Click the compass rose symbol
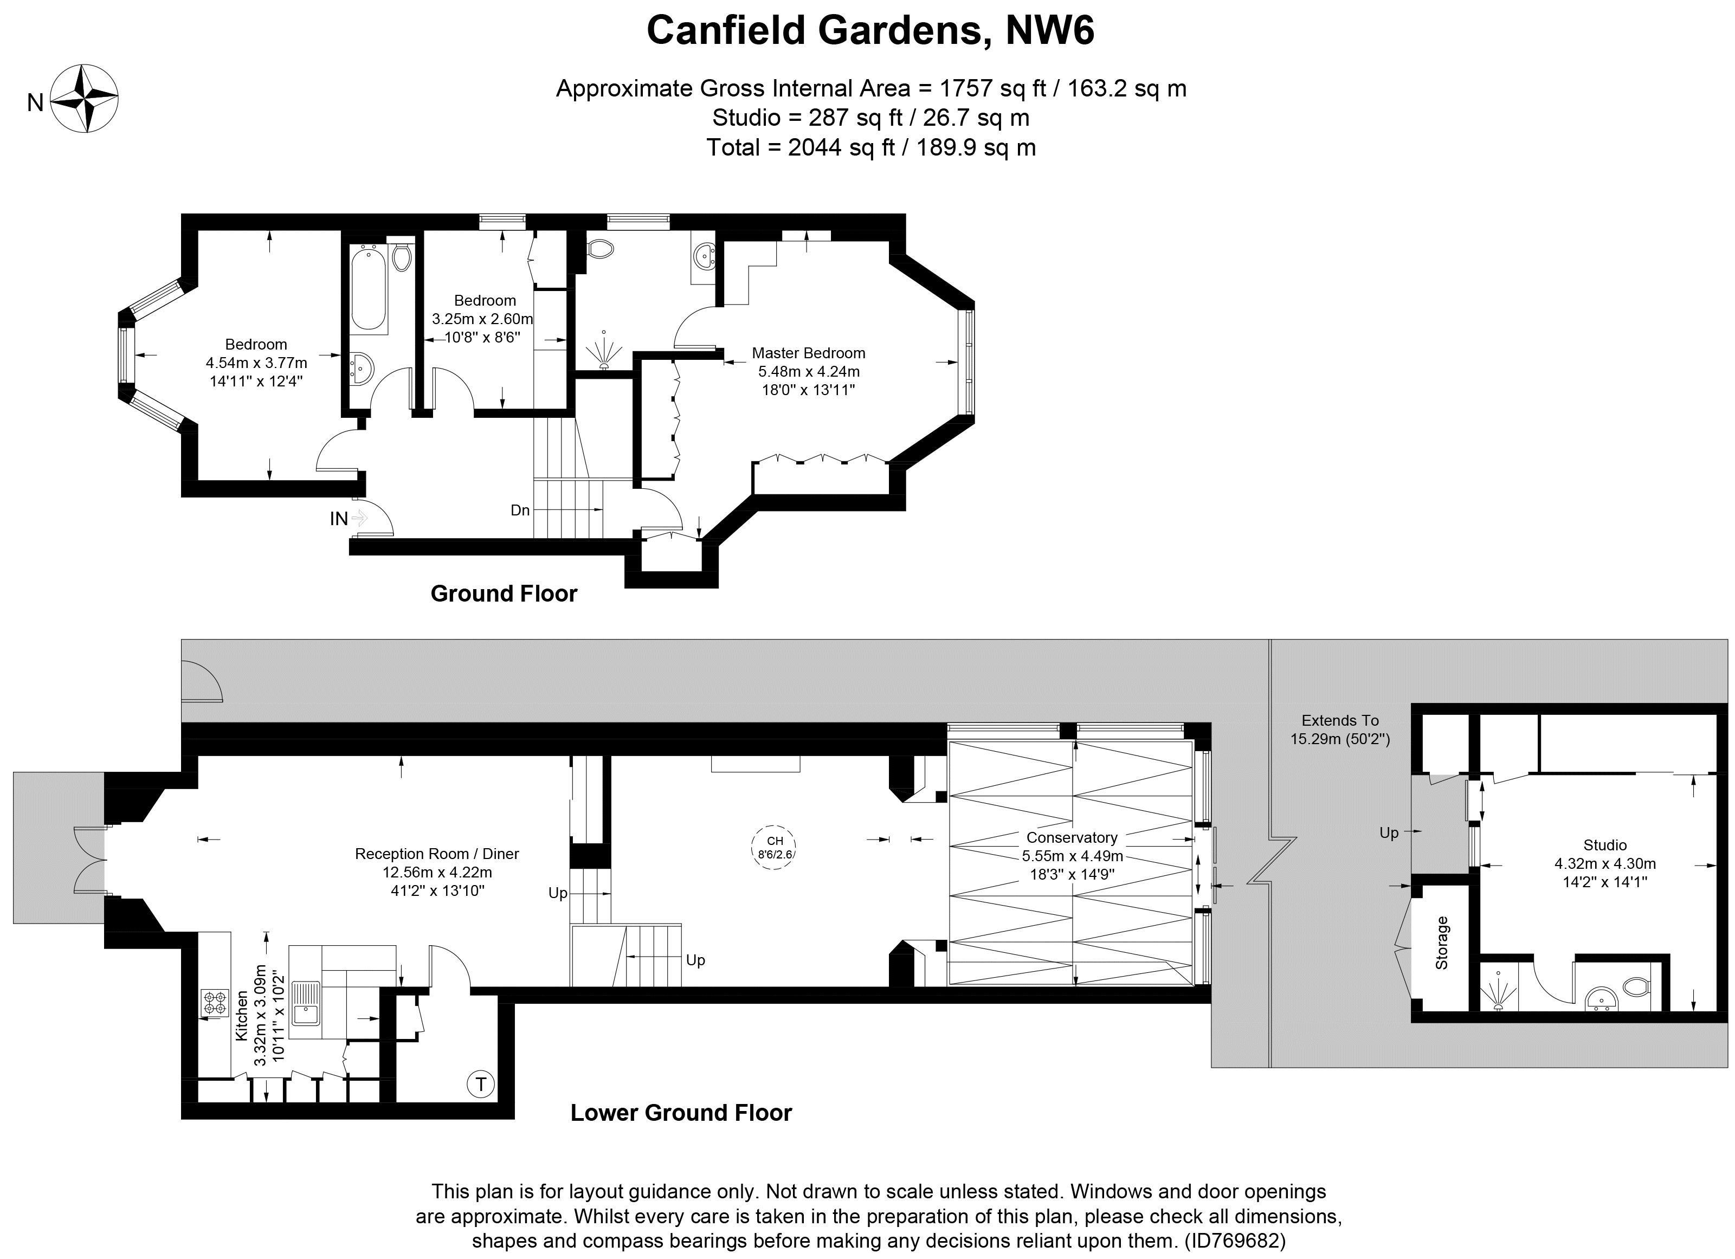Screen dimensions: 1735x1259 [x=84, y=99]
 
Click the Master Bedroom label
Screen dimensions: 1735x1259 [x=809, y=353]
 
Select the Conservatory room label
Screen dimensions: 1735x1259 [x=1072, y=837]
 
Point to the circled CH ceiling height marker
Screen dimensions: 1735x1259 [x=774, y=848]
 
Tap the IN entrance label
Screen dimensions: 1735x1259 [x=339, y=519]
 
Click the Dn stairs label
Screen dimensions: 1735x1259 [x=520, y=510]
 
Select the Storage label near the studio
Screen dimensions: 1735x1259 [x=1442, y=943]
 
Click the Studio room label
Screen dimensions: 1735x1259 [x=1605, y=845]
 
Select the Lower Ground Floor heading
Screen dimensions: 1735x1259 [x=681, y=1113]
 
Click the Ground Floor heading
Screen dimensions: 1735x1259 [x=504, y=593]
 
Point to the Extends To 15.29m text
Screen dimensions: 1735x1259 [x=1340, y=729]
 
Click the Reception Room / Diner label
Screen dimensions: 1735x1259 [x=437, y=854]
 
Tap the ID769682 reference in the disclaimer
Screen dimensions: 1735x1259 [x=1235, y=1240]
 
